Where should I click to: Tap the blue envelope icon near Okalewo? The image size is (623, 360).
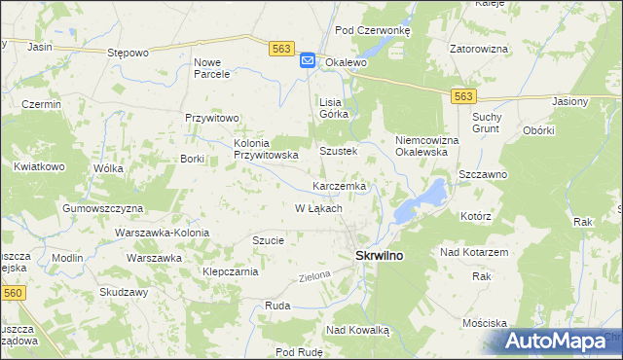coord(307,61)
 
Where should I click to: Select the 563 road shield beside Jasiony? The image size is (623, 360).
coord(463,95)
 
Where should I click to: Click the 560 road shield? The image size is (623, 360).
coord(13,293)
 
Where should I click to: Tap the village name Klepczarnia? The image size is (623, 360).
coord(230,272)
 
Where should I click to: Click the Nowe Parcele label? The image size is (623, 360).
coord(212,67)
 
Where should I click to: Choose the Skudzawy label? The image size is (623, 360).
coord(123,293)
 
